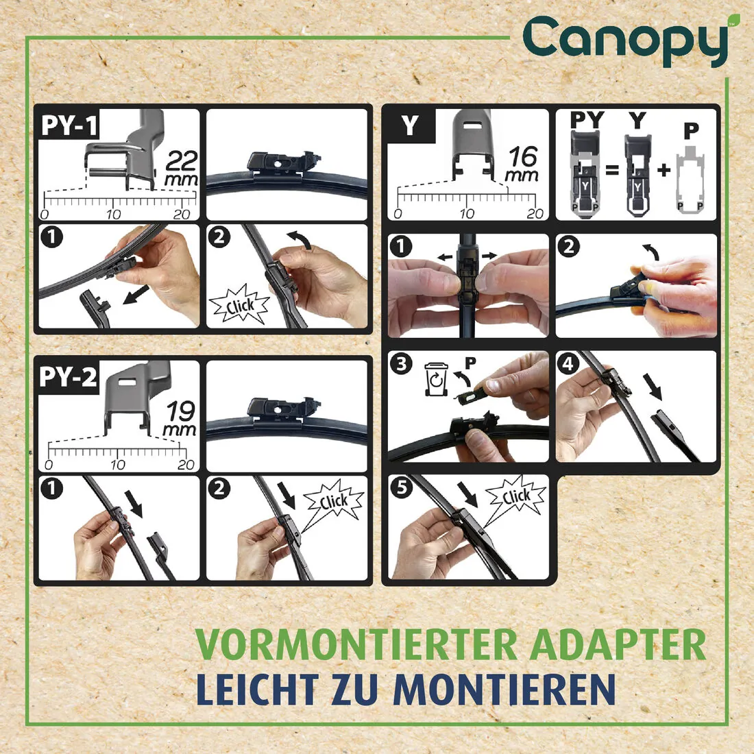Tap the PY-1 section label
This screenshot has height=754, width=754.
[69, 126]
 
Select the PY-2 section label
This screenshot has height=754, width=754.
[69, 378]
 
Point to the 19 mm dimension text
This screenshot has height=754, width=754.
[180, 419]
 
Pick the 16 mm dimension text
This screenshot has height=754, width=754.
[522, 165]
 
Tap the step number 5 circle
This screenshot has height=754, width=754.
[402, 488]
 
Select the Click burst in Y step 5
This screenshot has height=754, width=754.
[515, 497]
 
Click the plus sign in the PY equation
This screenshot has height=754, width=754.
[663, 170]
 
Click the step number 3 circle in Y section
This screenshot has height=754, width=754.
[402, 364]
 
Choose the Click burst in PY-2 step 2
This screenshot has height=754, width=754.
[333, 502]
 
